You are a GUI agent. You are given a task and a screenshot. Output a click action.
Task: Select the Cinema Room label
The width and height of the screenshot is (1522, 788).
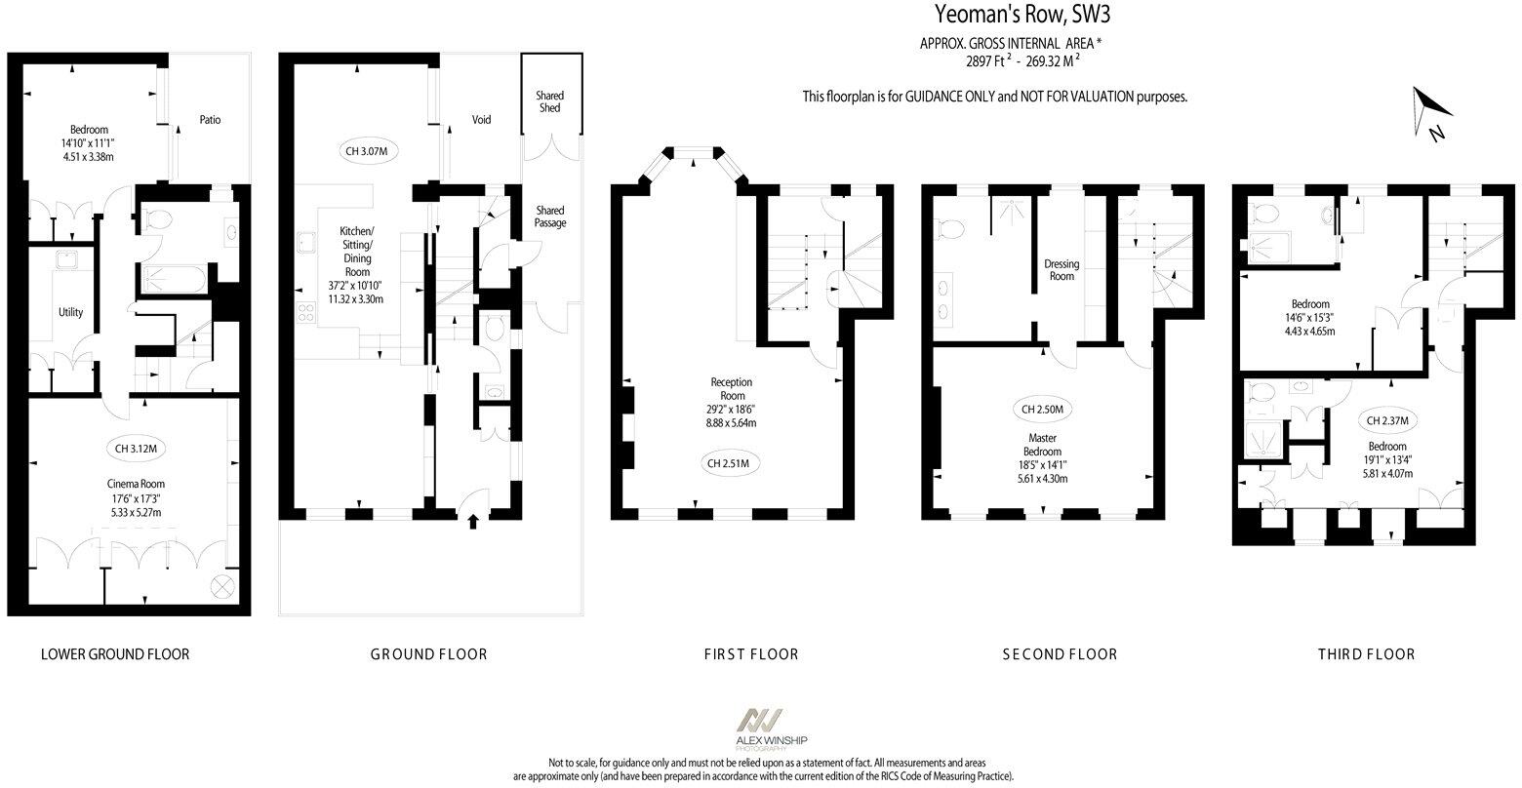[x=136, y=484]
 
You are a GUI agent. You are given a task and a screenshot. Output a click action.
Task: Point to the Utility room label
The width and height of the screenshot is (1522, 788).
[x=70, y=312]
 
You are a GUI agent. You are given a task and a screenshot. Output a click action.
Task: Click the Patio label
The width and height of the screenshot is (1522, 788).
[x=210, y=120]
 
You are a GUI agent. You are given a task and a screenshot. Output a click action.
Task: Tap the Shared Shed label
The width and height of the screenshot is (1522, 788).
[x=549, y=101]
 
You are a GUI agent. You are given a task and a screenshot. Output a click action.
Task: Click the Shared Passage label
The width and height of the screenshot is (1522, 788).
[x=549, y=217]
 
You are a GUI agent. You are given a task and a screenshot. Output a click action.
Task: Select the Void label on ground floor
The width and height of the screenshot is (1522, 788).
[x=481, y=120]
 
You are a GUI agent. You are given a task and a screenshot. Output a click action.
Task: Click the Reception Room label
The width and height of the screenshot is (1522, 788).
[x=732, y=389]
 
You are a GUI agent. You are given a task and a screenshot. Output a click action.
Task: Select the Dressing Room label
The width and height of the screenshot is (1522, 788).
[x=1061, y=269]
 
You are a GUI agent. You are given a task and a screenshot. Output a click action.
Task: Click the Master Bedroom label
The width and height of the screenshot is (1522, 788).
[x=1041, y=445]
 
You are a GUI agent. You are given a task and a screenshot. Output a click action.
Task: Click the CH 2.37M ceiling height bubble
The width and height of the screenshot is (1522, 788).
[x=1385, y=420]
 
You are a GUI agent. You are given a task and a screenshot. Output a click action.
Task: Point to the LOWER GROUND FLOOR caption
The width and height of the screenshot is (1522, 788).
[x=115, y=653]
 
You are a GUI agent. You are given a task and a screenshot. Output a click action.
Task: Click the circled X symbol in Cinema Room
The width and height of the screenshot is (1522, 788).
[x=221, y=585]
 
